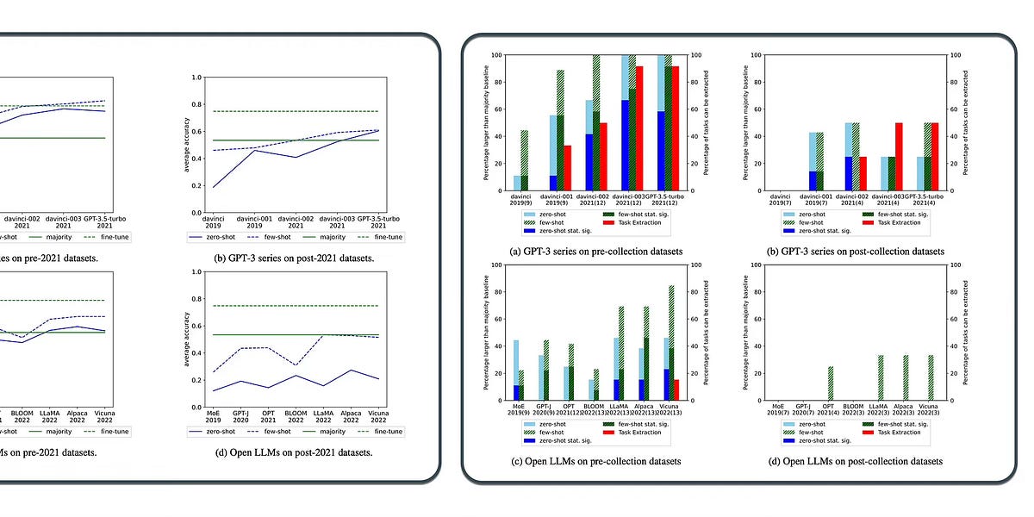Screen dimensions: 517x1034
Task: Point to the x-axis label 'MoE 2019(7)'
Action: point(778,408)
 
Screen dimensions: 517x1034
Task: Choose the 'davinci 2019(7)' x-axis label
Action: point(778,199)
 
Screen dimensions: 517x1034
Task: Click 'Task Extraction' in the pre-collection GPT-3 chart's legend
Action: point(638,222)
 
